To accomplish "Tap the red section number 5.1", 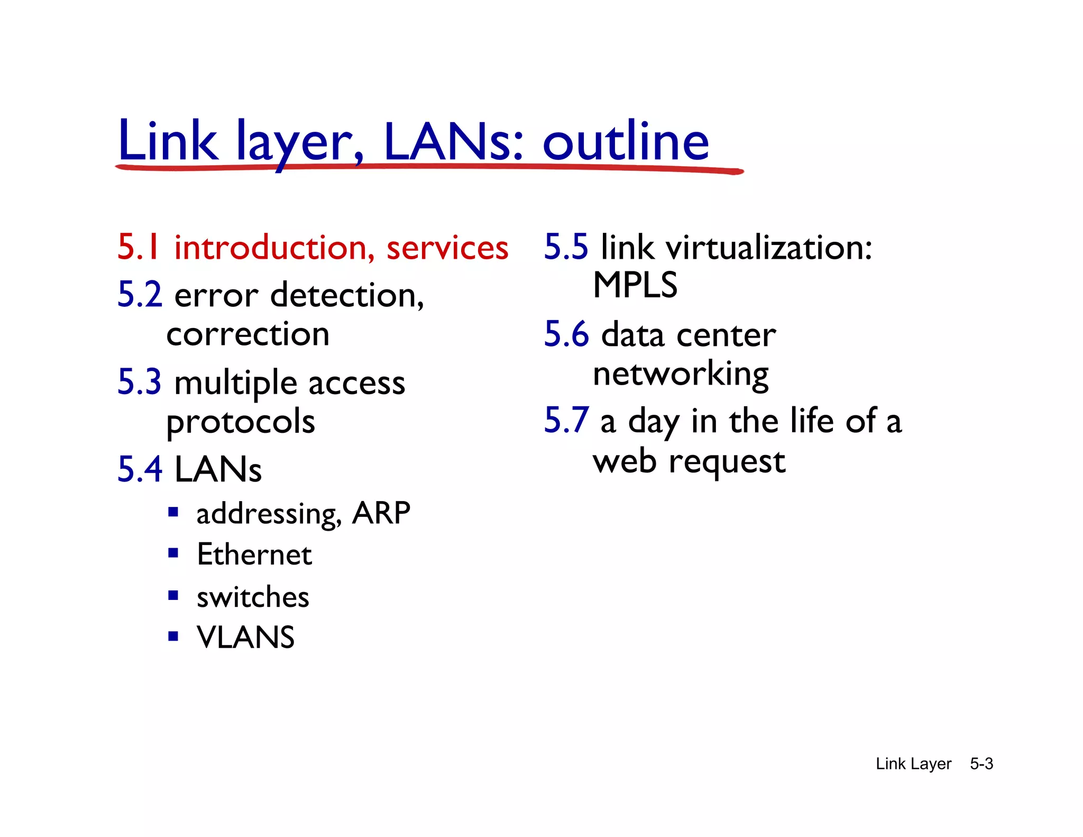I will tap(139, 247).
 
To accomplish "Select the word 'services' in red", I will tap(447, 248).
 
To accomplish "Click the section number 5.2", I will tap(140, 295).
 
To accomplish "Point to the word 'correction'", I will tap(248, 334).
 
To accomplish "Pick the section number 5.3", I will tap(140, 382).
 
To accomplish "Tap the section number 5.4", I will tap(140, 469).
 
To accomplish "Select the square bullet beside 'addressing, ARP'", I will tap(173, 512).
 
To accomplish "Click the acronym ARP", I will tap(381, 513).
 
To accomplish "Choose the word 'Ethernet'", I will tap(254, 554).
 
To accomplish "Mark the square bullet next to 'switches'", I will tap(173, 596).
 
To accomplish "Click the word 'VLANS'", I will tap(245, 637).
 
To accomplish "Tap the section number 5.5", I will tap(566, 247).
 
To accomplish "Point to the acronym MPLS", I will tap(635, 285).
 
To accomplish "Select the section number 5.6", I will tap(566, 334).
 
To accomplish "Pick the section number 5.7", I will tap(566, 421).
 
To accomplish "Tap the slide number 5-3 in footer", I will tap(981, 764).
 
